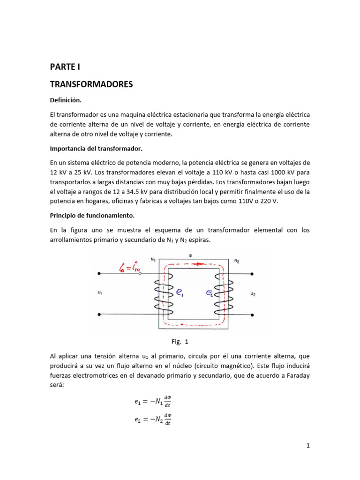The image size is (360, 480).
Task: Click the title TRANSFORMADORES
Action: click(91, 84)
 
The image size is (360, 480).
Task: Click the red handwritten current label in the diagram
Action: click(122, 268)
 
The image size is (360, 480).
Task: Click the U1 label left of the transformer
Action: click(100, 293)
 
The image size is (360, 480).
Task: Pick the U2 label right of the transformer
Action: click(253, 294)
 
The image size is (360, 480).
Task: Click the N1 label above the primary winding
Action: click(153, 259)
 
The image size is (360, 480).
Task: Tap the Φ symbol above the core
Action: click(190, 256)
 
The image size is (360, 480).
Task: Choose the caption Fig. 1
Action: click(180, 341)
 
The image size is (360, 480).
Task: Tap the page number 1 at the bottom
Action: click(308, 446)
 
